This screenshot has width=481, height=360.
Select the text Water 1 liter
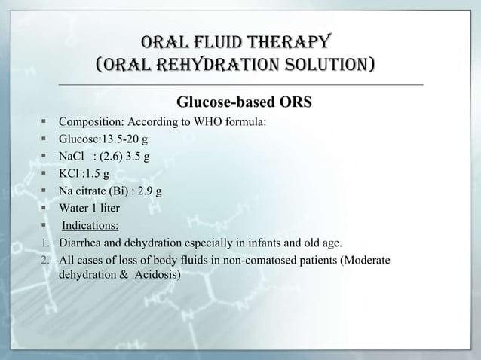tap(89, 209)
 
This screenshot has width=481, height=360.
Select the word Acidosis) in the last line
tap(156, 276)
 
